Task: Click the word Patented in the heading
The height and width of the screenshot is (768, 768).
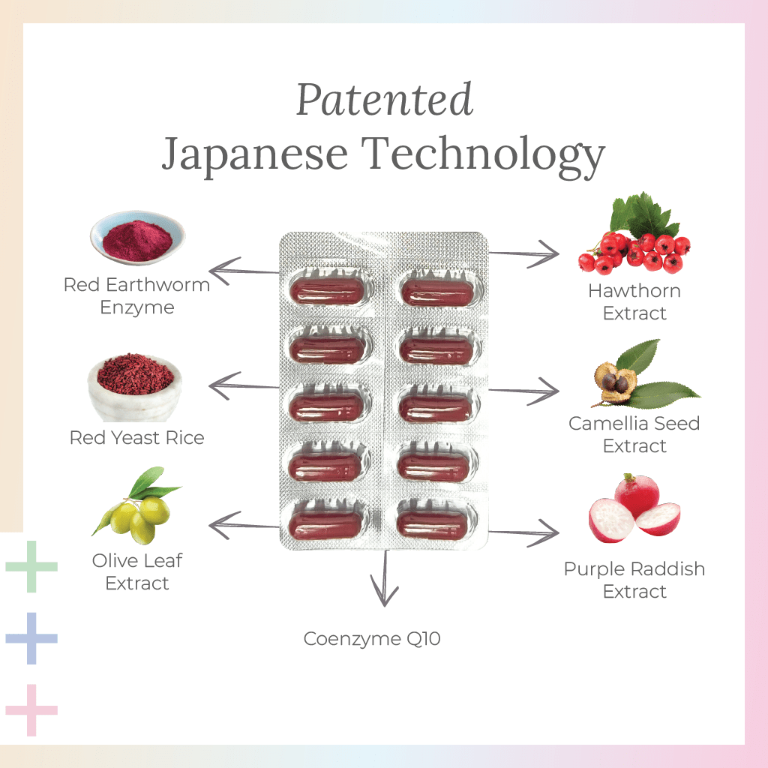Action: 385,100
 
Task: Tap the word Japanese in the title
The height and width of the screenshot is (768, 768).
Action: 254,153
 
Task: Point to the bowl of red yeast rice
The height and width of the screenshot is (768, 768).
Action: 135,386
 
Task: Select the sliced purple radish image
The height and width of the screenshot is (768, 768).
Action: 634,510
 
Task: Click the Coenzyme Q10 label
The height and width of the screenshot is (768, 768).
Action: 372,639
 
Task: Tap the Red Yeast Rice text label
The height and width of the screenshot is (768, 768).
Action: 136,437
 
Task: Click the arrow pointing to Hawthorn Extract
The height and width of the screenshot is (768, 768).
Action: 524,255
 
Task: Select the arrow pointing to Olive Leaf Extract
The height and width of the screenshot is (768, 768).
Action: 243,525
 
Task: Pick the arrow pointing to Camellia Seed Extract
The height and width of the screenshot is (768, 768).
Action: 524,391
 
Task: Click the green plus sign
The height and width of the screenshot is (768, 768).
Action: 31,566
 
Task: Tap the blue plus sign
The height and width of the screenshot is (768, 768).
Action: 31,637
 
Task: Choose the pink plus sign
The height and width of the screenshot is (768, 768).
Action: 31,709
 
